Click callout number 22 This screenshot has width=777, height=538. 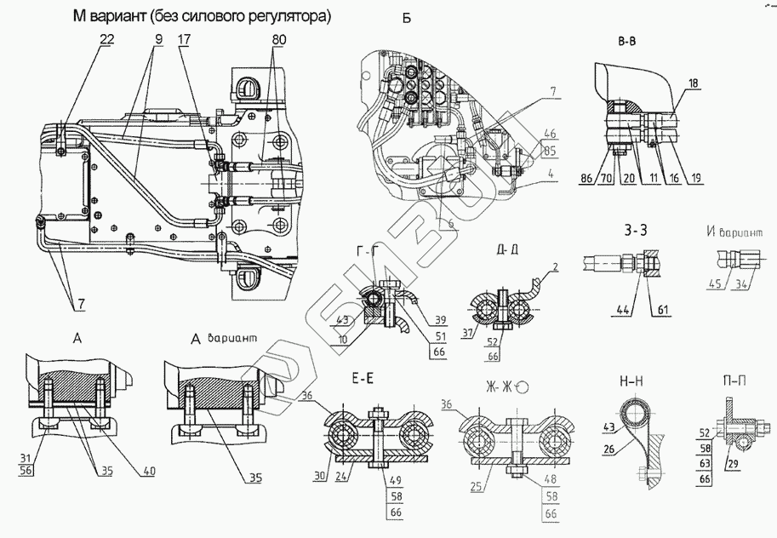coord(105,40)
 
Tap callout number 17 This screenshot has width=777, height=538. coord(185,40)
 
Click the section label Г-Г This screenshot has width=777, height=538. coord(369,249)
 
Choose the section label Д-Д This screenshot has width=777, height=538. coord(502,249)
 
